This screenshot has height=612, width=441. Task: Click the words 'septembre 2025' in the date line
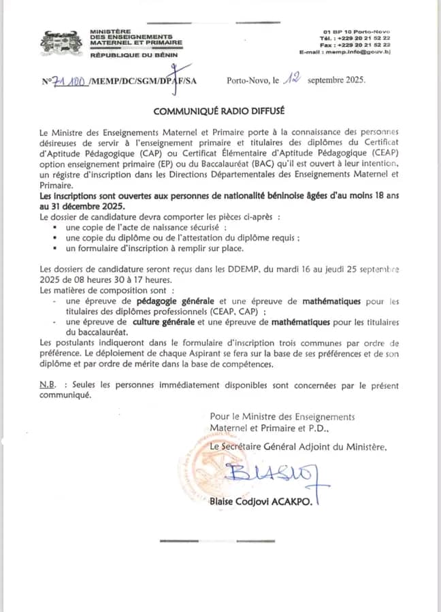coord(337,80)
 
